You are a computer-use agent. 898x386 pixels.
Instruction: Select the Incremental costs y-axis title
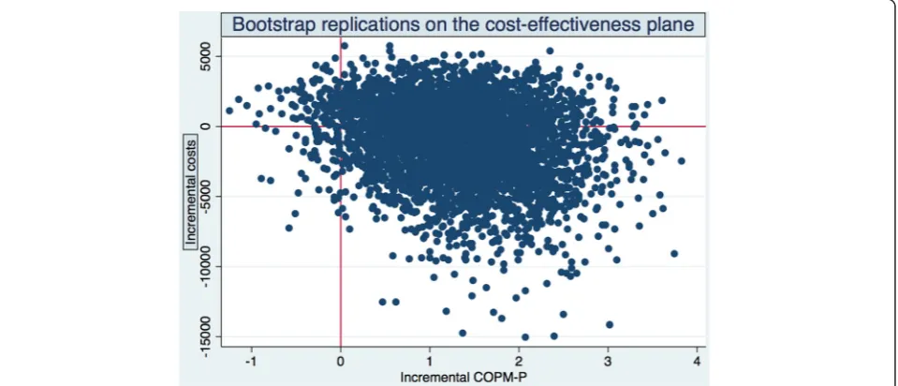pos(189,192)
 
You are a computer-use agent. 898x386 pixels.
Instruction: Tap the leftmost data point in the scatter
pos(229,111)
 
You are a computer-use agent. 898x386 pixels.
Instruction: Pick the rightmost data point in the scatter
pos(681,161)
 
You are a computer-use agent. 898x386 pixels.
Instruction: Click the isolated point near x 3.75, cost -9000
pos(674,253)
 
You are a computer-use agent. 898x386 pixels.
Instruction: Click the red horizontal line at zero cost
pos(464,126)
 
